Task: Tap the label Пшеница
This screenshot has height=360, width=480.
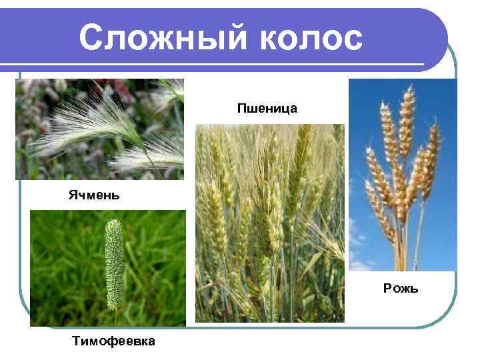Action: [x=267, y=107]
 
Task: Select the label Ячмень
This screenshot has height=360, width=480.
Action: [x=93, y=195]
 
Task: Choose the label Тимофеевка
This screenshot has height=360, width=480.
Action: [x=114, y=341]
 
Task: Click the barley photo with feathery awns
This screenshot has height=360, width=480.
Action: [x=99, y=129]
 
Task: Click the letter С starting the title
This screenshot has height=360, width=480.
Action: [x=90, y=38]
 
